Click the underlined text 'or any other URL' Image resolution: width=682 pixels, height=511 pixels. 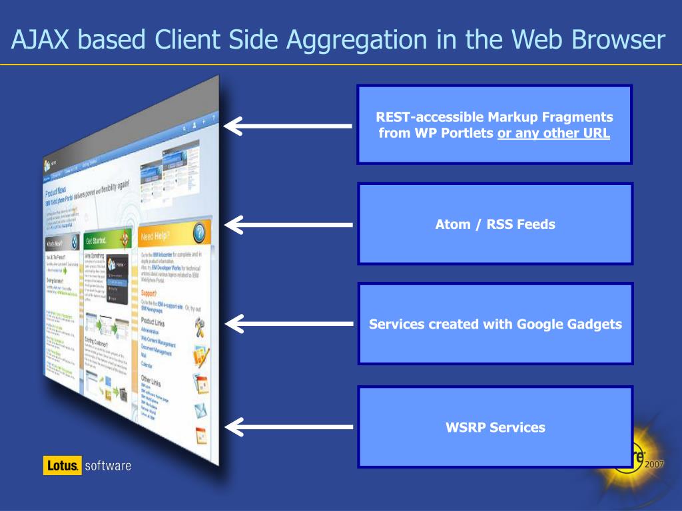click(x=553, y=132)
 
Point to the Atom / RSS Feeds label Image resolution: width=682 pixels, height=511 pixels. click(x=495, y=224)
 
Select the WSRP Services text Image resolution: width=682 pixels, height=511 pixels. click(x=495, y=427)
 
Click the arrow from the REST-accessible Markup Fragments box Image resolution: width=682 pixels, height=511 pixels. click(x=288, y=125)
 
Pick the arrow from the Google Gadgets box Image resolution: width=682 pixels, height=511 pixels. click(x=288, y=324)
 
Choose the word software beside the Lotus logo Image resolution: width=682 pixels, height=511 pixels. click(x=108, y=465)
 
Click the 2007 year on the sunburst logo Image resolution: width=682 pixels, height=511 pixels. click(x=655, y=464)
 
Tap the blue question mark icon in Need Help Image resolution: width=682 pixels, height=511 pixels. click(x=199, y=233)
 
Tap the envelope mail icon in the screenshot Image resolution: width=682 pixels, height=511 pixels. click(x=200, y=410)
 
